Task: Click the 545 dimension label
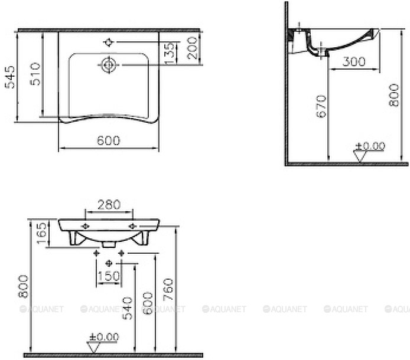click(x=10, y=77)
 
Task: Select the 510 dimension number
click(x=35, y=74)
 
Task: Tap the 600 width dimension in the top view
click(x=108, y=140)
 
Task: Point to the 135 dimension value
click(x=170, y=53)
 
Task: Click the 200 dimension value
click(x=193, y=48)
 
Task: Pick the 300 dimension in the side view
click(x=354, y=61)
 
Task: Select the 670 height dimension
click(x=321, y=106)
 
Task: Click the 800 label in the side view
click(x=394, y=95)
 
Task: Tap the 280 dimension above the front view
click(x=109, y=205)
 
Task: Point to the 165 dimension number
click(x=42, y=233)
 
